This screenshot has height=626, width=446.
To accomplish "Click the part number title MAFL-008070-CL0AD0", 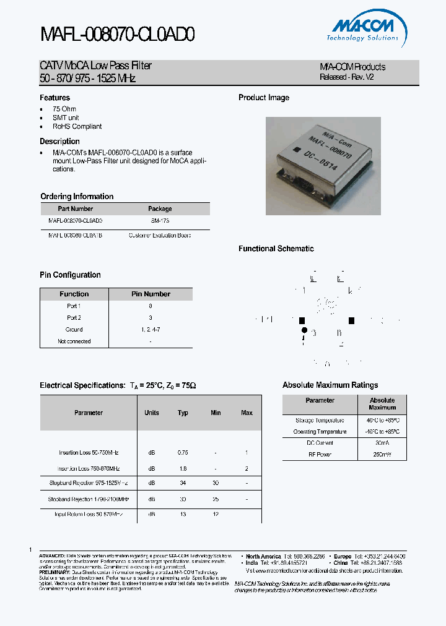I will pos(118,36).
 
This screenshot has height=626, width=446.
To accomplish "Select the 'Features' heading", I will pos(55,98).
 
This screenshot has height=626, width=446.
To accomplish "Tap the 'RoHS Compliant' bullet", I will pos(77,126).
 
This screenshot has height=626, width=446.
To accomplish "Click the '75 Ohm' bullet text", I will pos(64,109).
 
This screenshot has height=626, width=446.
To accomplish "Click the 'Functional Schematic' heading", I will pos(276,249).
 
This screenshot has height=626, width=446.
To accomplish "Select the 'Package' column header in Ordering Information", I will pos(160,209).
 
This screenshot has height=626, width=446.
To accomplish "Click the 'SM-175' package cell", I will pos(160,220).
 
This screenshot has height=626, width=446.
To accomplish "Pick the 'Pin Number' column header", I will pos(151,294).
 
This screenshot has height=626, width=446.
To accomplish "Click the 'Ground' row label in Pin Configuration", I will pos(74,330).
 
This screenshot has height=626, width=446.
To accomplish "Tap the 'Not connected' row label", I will pos(74,341).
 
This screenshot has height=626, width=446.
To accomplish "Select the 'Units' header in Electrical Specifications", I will pos(152,413).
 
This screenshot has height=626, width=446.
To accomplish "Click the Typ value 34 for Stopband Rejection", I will pos(183,482).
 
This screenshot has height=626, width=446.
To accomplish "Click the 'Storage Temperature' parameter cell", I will pos(320,421).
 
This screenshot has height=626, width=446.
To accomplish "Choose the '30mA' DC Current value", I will pos(382,443).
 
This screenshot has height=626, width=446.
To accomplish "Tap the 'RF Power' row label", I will pos(320,455).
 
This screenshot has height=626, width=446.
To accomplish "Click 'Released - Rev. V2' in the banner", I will pos(347,77).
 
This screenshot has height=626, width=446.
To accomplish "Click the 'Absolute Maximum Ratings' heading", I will pos(330,385).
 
